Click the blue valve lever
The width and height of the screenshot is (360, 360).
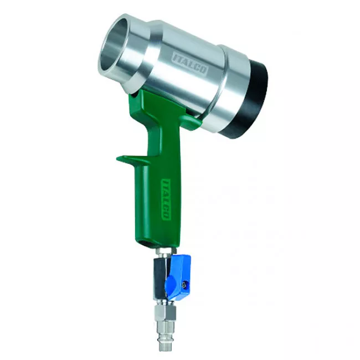click(179, 275)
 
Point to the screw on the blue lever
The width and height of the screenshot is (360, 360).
click(183, 286)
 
